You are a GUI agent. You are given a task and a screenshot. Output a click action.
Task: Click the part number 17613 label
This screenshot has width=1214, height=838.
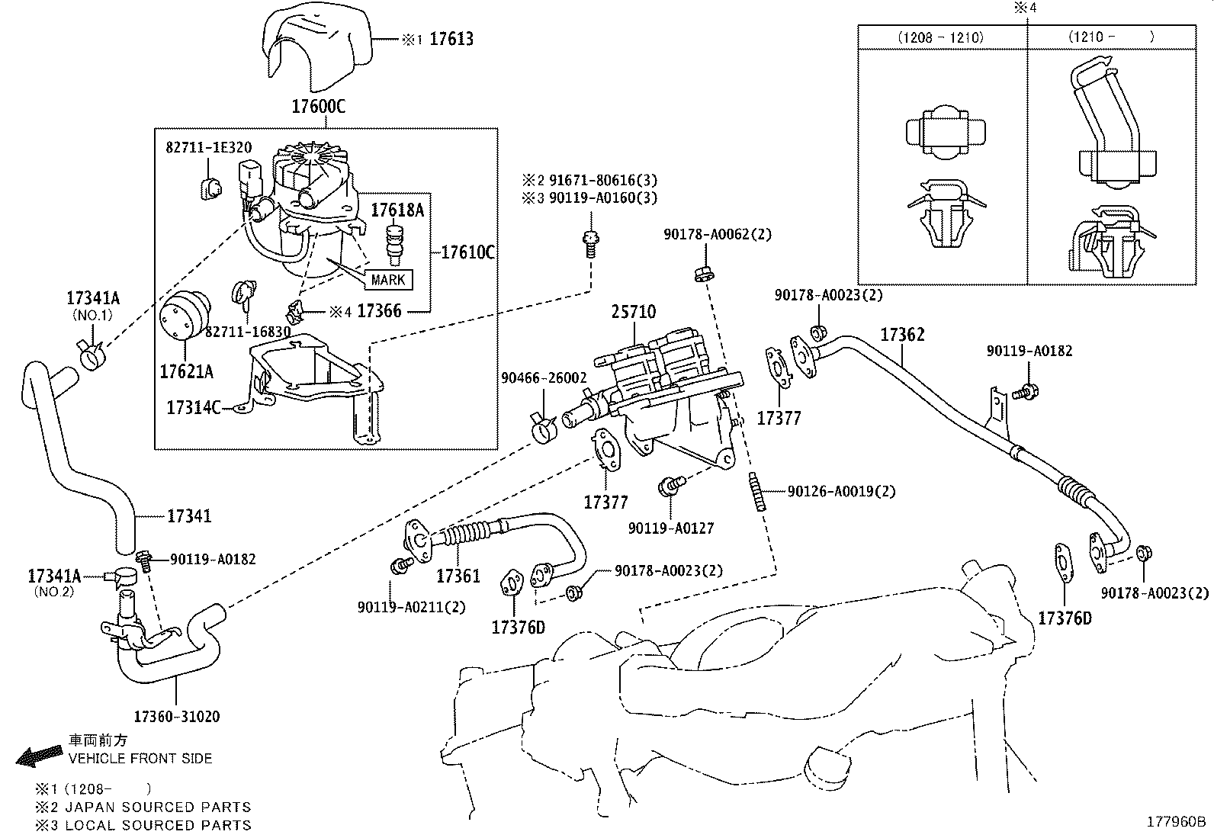pyautogui.click(x=451, y=38)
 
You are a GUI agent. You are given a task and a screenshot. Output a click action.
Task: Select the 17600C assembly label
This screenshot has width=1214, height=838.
pyautogui.click(x=318, y=106)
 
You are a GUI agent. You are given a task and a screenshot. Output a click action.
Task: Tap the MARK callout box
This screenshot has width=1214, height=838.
pyautogui.click(x=388, y=280)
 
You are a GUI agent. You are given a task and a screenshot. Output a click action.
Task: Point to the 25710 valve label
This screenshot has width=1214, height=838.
pyautogui.click(x=633, y=311)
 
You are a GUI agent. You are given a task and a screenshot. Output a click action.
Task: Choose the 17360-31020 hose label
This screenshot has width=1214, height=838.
pyautogui.click(x=177, y=716)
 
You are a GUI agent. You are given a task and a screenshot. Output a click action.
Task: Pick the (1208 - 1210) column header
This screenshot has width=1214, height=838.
pyautogui.click(x=940, y=37)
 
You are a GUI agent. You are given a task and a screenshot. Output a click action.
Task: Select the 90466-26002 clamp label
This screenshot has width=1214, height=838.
pyautogui.click(x=544, y=377)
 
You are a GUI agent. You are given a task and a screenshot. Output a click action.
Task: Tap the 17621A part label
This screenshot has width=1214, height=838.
pyautogui.click(x=186, y=371)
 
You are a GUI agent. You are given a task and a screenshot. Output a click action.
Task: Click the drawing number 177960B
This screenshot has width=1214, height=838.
pyautogui.click(x=1177, y=822)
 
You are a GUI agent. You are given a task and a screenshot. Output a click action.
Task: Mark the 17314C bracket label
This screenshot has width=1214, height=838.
pyautogui.click(x=193, y=408)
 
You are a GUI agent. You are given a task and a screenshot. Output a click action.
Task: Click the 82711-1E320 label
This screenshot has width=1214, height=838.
pyautogui.click(x=208, y=148)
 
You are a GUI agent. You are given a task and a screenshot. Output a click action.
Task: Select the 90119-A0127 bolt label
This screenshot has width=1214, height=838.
pyautogui.click(x=671, y=528)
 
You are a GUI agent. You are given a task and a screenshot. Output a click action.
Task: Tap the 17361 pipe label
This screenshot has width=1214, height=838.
pyautogui.click(x=458, y=576)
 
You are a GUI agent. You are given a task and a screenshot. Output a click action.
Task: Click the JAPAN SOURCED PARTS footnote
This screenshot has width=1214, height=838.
pyautogui.click(x=158, y=807)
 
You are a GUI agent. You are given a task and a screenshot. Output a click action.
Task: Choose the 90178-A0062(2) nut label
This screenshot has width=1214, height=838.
pyautogui.click(x=717, y=235)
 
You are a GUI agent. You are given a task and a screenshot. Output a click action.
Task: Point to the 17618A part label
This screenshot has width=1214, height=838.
pyautogui.click(x=397, y=210)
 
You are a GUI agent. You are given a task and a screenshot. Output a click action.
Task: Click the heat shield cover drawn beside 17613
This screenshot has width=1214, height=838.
pyautogui.click(x=316, y=46)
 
